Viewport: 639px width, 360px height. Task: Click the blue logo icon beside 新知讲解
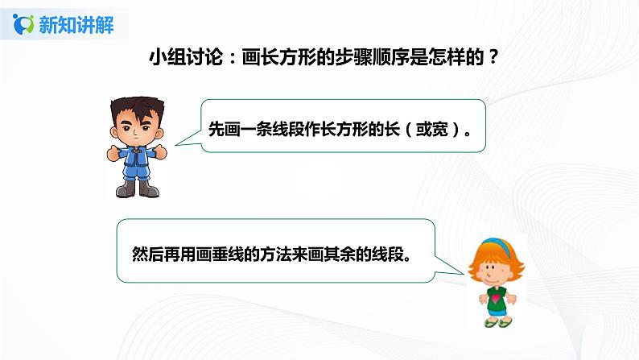24,24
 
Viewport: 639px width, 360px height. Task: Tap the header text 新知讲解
75,24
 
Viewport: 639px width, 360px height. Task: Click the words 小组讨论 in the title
177,59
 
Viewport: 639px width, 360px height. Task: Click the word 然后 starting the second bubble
143,250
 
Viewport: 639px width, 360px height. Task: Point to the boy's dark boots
138,189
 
